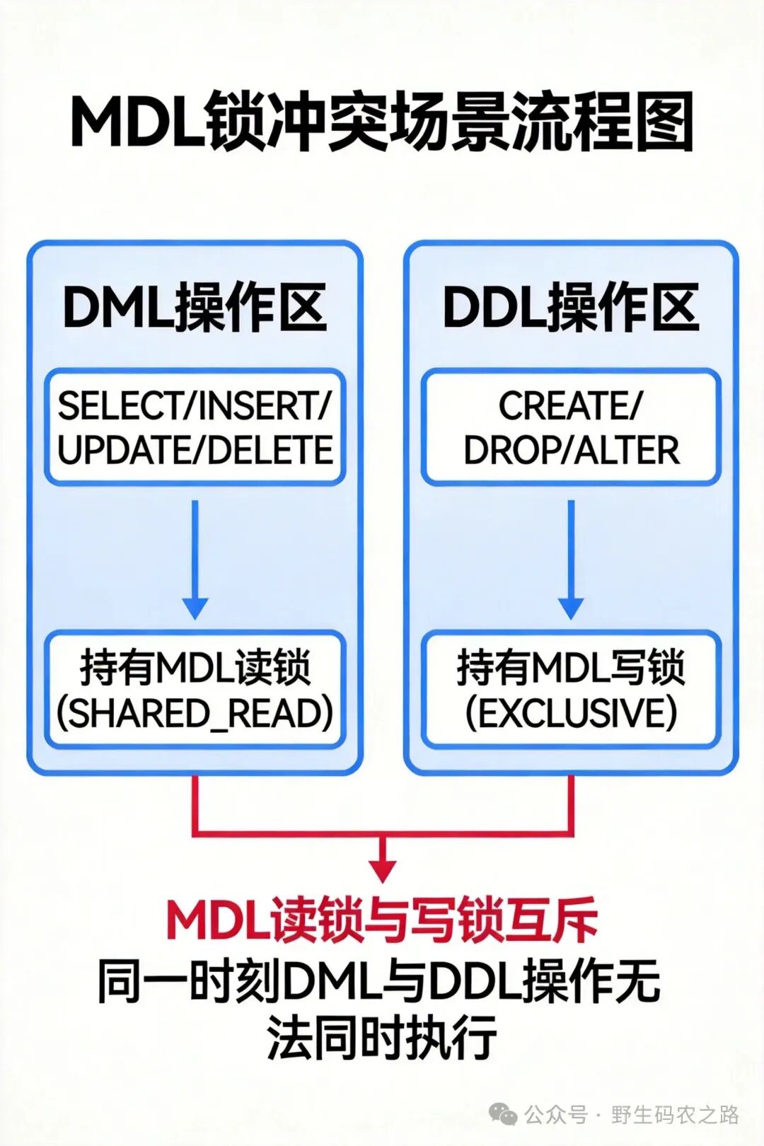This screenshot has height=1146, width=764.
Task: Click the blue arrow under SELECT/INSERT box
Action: tap(195, 559)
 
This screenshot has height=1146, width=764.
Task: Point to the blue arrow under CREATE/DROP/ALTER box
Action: tap(571, 559)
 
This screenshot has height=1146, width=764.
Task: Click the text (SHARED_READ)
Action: tap(195, 713)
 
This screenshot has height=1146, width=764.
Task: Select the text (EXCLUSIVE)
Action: tap(571, 713)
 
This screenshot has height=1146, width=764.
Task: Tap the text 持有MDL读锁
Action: tap(195, 667)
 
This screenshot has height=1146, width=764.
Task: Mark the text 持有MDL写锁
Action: tap(571, 667)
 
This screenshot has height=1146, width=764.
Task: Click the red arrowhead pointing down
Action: tap(383, 869)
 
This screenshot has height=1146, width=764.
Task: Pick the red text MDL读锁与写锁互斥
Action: tap(382, 921)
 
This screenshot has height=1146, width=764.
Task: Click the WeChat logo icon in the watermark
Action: tap(504, 1116)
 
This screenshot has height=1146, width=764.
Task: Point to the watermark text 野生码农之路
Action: tap(675, 1115)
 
